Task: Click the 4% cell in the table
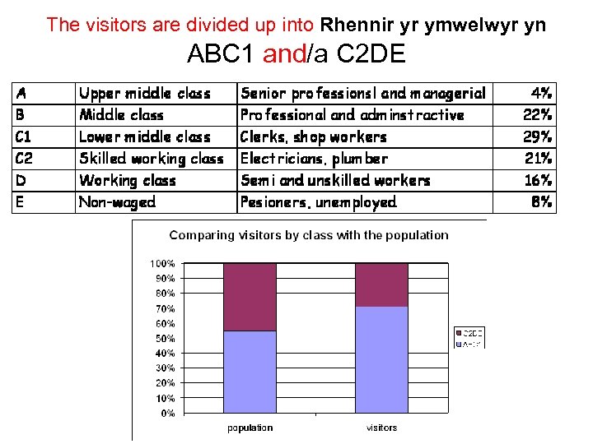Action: point(541,94)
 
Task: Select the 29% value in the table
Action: point(538,136)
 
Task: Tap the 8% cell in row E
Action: point(541,201)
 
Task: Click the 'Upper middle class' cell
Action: point(145,94)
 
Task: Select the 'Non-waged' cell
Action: point(117,201)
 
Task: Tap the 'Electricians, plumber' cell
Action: point(313,159)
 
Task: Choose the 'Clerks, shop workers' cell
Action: point(313,136)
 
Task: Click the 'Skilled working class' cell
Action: point(151,159)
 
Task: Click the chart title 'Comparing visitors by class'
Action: point(309,235)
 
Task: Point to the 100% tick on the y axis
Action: point(162,264)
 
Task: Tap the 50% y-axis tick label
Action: point(164,339)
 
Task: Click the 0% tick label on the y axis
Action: point(167,414)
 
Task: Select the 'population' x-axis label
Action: point(250,428)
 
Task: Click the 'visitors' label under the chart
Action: point(381,428)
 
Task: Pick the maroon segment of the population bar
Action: point(250,297)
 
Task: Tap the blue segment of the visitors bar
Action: point(381,359)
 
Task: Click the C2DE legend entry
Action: point(470,333)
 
